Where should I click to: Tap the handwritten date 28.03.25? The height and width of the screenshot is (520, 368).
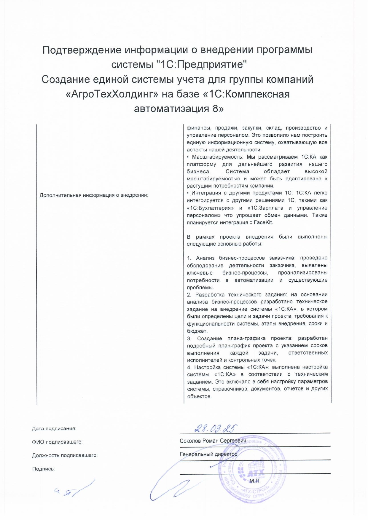click(216, 428)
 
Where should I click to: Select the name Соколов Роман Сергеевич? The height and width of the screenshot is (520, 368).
click(213, 441)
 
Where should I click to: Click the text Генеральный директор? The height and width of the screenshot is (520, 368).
click(208, 454)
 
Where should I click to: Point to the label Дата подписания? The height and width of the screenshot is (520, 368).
click(54, 428)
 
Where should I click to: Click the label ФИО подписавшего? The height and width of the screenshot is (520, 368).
click(57, 442)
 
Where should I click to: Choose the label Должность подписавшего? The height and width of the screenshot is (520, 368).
click(65, 455)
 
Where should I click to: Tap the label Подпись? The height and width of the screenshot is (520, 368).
click(43, 469)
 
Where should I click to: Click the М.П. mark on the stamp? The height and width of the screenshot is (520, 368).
click(255, 481)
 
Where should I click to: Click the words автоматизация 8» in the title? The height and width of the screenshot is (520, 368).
click(179, 109)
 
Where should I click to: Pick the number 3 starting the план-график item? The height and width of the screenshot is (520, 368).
click(189, 338)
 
